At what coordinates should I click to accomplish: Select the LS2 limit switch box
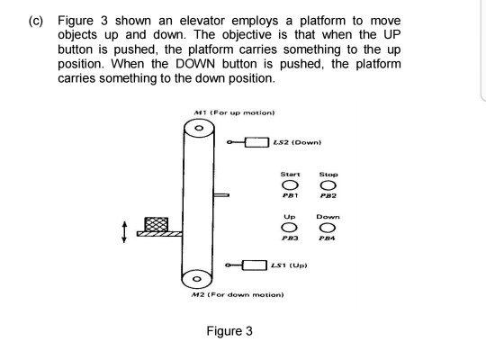[258, 141]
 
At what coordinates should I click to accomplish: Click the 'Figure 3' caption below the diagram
[229, 330]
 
